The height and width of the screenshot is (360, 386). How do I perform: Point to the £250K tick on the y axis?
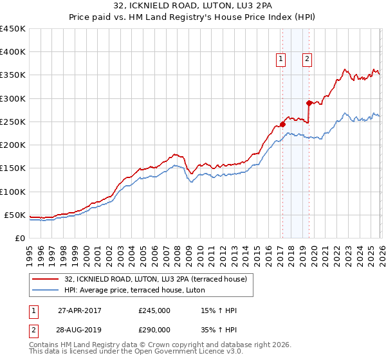pyautogui.click(x=13, y=122)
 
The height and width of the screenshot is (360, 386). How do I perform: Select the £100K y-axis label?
pyautogui.click(x=13, y=192)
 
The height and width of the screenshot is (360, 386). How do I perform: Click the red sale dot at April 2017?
pyautogui.click(x=282, y=124)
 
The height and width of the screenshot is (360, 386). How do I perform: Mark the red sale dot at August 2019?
pyautogui.click(x=309, y=103)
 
